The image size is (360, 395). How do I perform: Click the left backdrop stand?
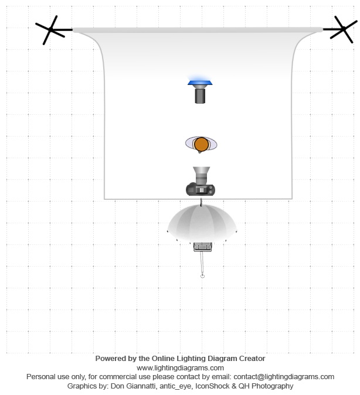51,29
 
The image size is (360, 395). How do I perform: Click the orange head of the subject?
201,144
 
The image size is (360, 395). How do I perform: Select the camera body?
201,189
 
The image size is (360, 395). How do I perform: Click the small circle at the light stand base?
202,275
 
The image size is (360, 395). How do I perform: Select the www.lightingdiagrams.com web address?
180,367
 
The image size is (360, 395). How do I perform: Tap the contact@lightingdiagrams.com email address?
284,377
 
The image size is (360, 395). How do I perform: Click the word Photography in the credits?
274,386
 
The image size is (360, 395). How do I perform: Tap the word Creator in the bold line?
250,358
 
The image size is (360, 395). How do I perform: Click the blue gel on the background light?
201,83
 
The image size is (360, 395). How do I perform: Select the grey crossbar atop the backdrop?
197,29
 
